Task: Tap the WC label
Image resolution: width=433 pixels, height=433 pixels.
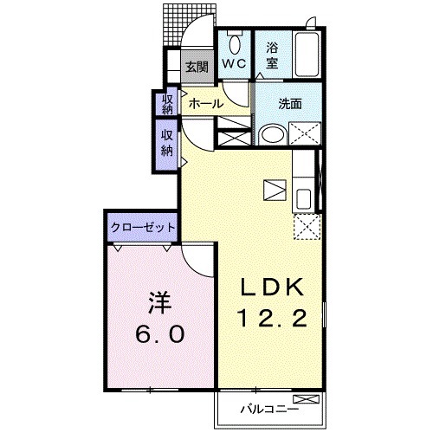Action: click(x=233, y=62)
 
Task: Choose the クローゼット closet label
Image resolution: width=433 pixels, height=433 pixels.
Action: click(x=143, y=227)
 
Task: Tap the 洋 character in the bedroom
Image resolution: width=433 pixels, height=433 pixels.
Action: click(x=158, y=304)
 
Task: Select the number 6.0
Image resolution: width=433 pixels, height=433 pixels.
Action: click(x=158, y=334)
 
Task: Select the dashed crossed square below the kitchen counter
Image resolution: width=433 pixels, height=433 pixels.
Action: click(x=306, y=227)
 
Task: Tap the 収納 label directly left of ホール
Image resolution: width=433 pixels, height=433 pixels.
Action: click(x=168, y=103)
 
